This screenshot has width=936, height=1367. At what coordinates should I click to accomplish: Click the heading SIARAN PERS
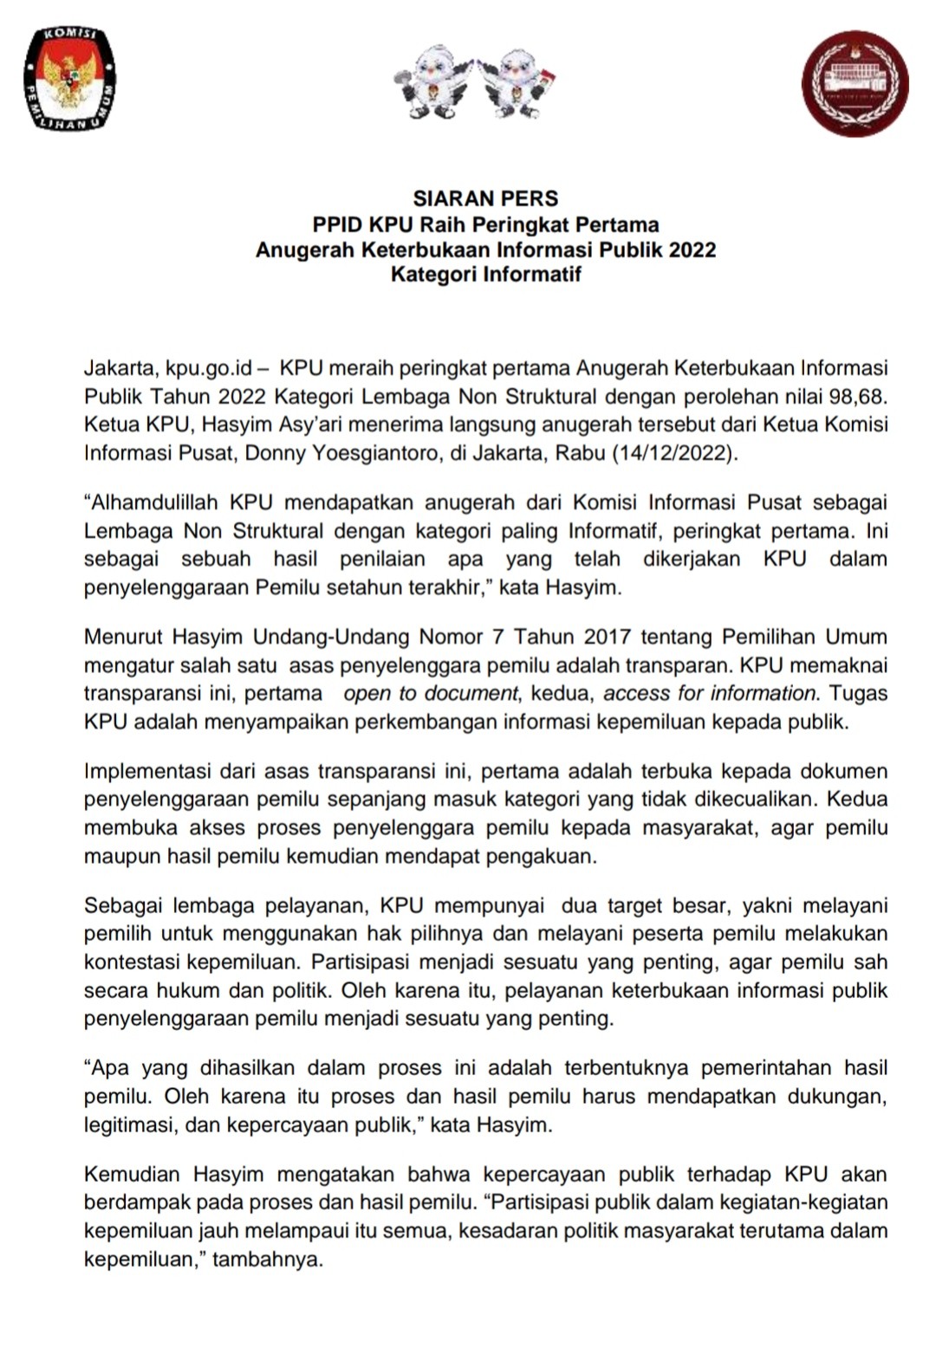point(485,198)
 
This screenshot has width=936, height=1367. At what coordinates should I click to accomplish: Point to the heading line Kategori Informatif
point(485,275)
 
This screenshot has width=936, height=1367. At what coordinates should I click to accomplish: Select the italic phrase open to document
point(430,693)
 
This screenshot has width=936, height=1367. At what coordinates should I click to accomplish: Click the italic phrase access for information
point(710,693)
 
